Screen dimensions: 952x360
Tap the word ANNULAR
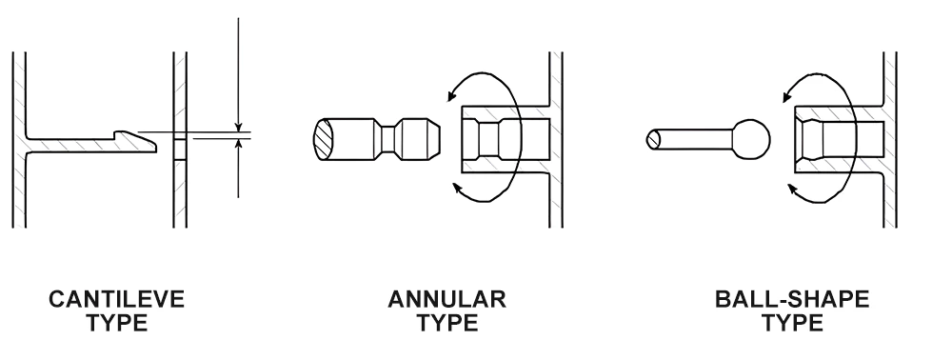click(x=447, y=303)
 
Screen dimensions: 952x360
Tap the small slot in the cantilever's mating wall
click(x=179, y=150)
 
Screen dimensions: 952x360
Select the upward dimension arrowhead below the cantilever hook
click(x=238, y=146)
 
